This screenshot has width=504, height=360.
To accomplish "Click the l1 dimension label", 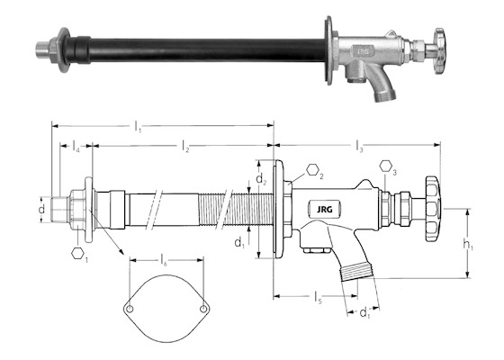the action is coord(138,126).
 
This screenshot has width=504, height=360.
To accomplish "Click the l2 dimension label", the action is coord(185,146).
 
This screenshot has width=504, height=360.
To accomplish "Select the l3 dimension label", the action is coord(360,146).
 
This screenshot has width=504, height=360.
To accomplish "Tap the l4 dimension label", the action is coord(76,146).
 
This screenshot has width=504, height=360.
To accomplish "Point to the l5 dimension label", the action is coord(318,297).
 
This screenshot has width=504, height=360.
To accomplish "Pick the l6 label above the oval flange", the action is coord(164,260).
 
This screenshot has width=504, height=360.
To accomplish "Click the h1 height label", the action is coord(468,245).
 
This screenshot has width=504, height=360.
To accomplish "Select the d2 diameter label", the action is coord(261,179).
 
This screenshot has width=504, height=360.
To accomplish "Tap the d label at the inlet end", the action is coord(41,209).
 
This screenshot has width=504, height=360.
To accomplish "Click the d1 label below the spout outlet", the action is coord(364,312).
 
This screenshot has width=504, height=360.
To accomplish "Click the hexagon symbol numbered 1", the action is coord(77,253).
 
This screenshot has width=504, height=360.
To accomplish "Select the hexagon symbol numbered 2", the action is coord(312,169).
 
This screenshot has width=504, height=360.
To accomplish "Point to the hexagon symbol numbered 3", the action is coord(385,166).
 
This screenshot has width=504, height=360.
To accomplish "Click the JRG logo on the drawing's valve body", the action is coord(325,210).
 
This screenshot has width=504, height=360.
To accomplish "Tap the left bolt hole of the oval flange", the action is coord(130,309).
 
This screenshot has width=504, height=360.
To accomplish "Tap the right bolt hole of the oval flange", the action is coord(203,309).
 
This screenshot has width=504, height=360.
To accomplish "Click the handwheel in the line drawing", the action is coord(433,209).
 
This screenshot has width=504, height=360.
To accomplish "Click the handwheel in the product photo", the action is coord(439,50).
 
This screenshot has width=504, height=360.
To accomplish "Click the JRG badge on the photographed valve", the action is coord(364,50).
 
